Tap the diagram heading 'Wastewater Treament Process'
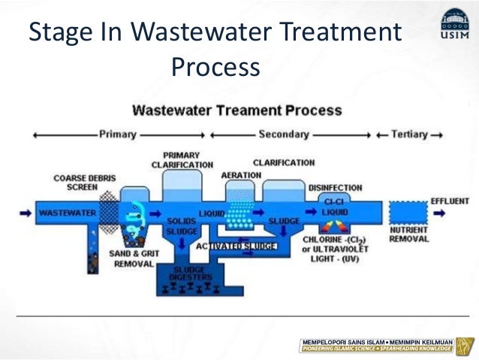pyautogui.click(x=236, y=110)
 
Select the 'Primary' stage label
pyautogui.click(x=117, y=135)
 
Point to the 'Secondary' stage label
pyautogui.click(x=283, y=135)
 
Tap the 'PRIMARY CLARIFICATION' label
pyautogui.click(x=182, y=160)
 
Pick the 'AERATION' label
pyautogui.click(x=241, y=175)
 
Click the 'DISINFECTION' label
pyautogui.click(x=335, y=187)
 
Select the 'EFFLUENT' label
pyautogui.click(x=450, y=201)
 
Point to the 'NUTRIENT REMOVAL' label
pyautogui.click(x=408, y=234)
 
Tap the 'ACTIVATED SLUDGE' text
pyautogui.click(x=236, y=247)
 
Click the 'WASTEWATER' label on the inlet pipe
pyautogui.click(x=67, y=213)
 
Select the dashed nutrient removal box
pyautogui.click(x=408, y=212)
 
